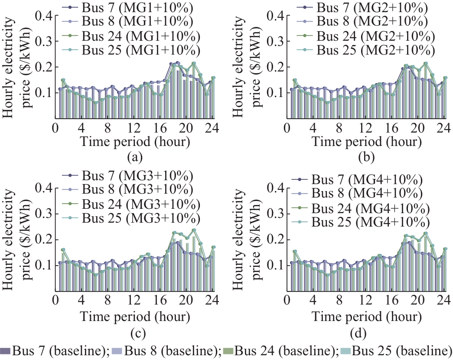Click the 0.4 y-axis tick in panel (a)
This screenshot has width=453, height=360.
coord(44,16)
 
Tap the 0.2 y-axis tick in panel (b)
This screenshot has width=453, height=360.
coord(276,67)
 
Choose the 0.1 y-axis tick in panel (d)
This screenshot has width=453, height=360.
coord(276,265)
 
